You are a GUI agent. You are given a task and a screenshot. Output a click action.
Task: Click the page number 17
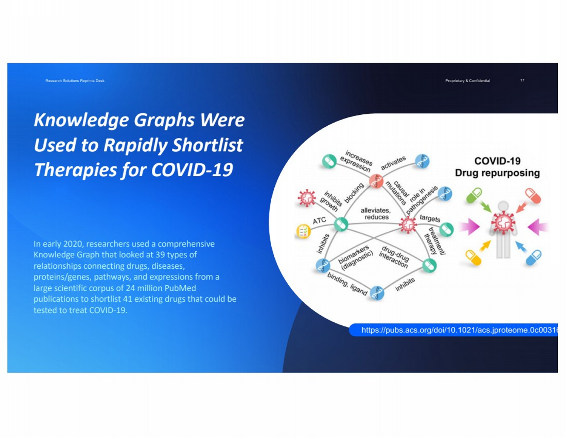522,80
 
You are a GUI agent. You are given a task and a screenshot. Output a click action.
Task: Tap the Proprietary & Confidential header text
468,81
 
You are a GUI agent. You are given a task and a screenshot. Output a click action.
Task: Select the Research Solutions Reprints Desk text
75,81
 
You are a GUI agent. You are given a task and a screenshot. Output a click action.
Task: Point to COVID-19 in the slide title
192,170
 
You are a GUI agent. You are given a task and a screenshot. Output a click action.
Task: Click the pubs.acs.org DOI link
459,330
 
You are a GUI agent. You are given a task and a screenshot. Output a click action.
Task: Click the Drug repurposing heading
497,173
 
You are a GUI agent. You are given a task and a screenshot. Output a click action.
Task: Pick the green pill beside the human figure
474,195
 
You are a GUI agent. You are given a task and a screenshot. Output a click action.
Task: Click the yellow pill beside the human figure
473,257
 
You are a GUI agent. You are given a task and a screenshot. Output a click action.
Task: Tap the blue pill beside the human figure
534,257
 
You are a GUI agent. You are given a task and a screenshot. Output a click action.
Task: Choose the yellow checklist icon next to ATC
303,231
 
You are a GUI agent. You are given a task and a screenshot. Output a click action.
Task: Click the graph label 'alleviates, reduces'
376,214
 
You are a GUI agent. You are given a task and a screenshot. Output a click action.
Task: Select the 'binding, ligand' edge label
347,284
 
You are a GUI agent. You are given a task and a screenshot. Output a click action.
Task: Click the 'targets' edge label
430,219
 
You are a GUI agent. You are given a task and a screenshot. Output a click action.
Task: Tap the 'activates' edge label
393,163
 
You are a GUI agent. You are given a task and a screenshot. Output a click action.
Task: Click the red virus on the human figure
503,223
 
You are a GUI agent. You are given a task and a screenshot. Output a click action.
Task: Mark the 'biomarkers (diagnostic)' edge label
355,258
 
